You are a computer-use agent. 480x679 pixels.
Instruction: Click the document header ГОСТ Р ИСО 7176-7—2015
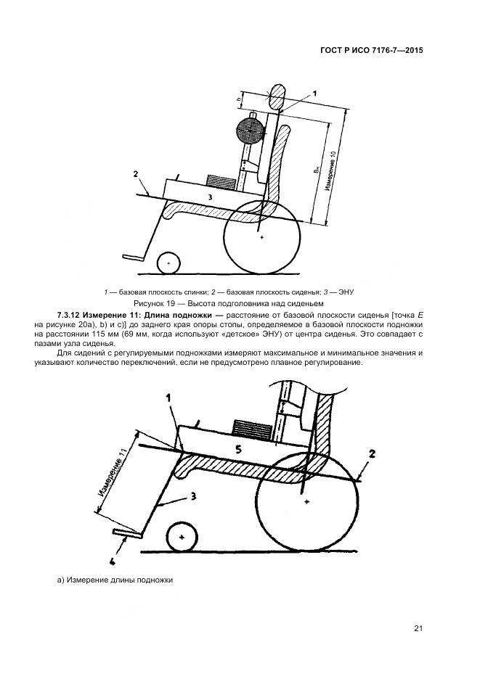(370, 52)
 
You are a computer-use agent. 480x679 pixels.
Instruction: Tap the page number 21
(419, 628)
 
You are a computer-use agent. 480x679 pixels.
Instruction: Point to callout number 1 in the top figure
(314, 94)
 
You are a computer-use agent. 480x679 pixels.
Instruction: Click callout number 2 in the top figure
(135, 174)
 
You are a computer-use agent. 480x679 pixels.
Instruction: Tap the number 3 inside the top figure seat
(209, 197)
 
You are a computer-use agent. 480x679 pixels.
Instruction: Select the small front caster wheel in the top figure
(168, 262)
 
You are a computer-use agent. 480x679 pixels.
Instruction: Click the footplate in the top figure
(133, 257)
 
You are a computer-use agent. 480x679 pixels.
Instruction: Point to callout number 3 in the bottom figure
(194, 498)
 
